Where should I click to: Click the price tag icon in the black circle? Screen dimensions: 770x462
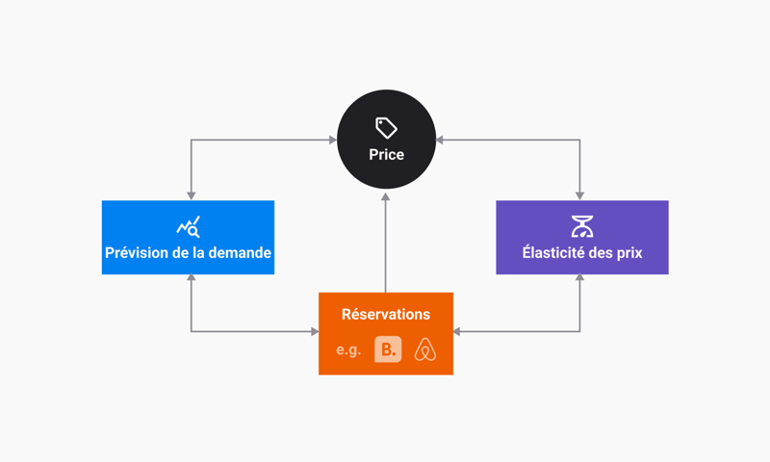387,128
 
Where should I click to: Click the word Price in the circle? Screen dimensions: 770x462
387,155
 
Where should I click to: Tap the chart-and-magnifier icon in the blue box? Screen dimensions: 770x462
188,227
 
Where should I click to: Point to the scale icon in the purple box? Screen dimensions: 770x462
582,226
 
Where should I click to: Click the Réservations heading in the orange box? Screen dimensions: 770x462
386,314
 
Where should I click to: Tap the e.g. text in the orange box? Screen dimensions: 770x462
348,350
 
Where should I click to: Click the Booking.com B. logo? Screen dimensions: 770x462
388,349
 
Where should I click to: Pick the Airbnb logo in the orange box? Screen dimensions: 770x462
425,349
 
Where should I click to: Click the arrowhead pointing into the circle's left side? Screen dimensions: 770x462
333,140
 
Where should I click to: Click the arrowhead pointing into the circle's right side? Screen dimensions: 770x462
440,140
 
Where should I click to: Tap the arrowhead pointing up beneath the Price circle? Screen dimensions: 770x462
386,196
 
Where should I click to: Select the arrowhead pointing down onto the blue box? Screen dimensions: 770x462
191,196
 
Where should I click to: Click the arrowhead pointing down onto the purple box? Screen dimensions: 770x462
580,196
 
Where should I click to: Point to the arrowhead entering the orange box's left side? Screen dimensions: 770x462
315,331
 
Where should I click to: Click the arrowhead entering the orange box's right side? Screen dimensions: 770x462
456,331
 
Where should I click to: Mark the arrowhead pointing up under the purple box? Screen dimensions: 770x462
580,277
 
